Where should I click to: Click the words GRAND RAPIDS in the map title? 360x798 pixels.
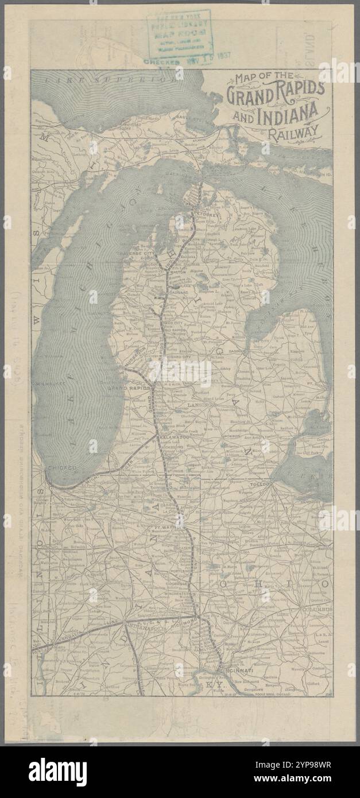tap(276, 92)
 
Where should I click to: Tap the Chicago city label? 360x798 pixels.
tap(62, 468)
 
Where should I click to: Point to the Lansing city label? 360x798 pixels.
tap(200, 405)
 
